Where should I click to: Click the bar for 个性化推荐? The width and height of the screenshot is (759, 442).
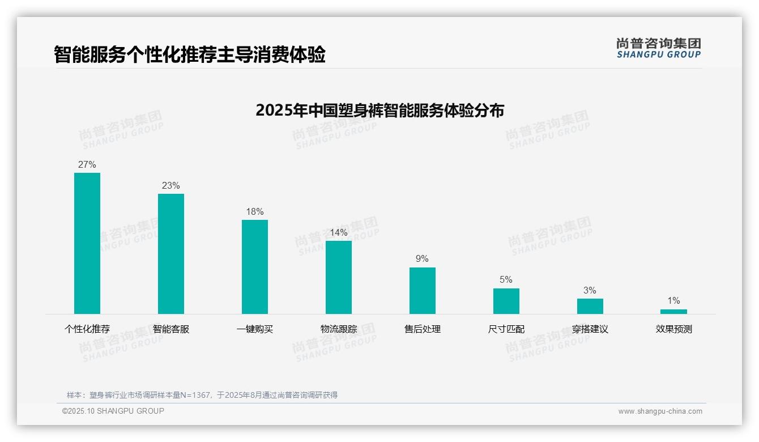click(x=87, y=243)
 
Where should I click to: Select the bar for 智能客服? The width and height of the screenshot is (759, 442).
click(x=171, y=254)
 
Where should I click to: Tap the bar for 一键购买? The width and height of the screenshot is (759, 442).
click(x=255, y=267)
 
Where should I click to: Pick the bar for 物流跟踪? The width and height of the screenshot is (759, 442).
click(x=339, y=277)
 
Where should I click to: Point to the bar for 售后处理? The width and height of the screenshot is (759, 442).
click(x=423, y=291)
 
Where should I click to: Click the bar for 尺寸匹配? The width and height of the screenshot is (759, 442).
click(x=506, y=301)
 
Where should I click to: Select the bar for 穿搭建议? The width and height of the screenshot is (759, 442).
click(x=590, y=306)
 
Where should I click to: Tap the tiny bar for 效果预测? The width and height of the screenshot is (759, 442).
click(x=673, y=312)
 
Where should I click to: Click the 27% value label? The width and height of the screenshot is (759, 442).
click(x=87, y=165)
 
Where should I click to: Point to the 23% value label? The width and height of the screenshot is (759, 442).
click(x=171, y=186)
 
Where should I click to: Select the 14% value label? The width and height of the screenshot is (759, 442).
click(x=339, y=233)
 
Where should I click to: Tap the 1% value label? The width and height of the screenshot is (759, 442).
click(x=673, y=301)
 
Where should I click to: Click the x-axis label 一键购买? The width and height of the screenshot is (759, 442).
click(x=255, y=329)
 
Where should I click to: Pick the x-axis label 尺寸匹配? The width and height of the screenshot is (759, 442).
click(x=506, y=329)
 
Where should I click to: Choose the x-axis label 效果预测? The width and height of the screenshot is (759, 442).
click(x=673, y=329)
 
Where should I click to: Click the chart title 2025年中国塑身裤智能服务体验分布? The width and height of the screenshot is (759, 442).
click(x=380, y=110)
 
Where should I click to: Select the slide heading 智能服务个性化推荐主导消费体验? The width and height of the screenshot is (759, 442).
click(x=190, y=55)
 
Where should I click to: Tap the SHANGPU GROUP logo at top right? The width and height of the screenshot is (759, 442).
click(x=658, y=48)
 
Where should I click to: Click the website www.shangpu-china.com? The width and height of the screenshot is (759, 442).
click(x=660, y=411)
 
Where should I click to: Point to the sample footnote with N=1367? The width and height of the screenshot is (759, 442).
click(x=202, y=395)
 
